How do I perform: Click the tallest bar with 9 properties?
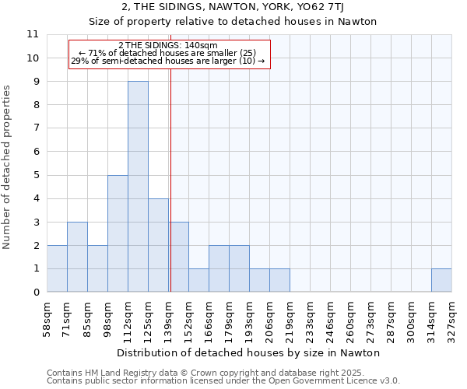coord(138,187)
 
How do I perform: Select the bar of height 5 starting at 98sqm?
coord(118,233)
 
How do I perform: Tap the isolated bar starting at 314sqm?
coord(441,280)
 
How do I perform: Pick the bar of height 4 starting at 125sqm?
coord(158,245)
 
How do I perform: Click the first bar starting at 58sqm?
coord(57,268)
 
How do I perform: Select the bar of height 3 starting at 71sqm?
coord(77,257)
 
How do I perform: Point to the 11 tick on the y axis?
coord(33,34)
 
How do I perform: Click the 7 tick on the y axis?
coord(35,128)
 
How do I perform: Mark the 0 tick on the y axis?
coord(35,293)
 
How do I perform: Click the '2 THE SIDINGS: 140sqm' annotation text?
coord(168,46)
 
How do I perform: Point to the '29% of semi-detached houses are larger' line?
coord(168,61)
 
